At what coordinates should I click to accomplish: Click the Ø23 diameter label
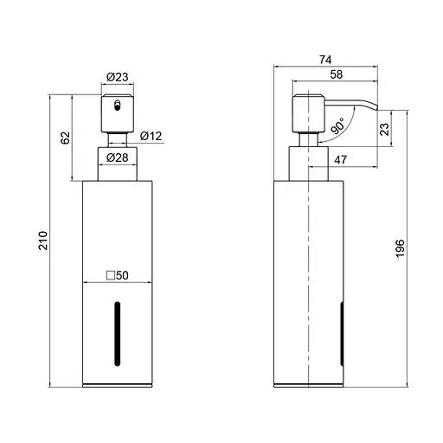tap(118, 78)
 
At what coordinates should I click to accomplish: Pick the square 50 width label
tap(117, 275)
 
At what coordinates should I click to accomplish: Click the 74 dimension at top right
tap(325, 60)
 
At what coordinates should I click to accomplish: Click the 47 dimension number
tap(341, 159)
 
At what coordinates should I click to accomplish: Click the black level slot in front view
tap(118, 334)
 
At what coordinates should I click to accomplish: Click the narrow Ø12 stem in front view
tap(117, 137)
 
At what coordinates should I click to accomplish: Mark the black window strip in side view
tap(344, 334)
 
